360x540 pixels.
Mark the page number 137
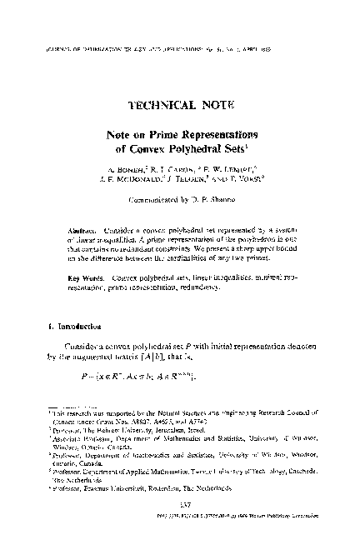[181, 510]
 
